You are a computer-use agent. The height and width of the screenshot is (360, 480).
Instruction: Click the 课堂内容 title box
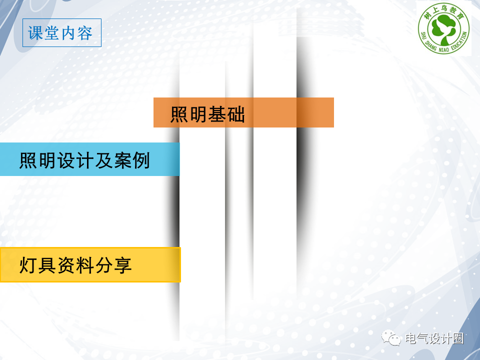(x=62, y=33)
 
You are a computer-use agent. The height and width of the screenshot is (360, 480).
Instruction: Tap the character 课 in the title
(x=35, y=33)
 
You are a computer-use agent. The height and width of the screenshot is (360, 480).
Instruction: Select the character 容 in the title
(x=85, y=33)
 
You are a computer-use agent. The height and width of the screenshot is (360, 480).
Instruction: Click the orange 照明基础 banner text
(x=207, y=114)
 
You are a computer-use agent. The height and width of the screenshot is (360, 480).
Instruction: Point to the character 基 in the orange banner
(x=217, y=114)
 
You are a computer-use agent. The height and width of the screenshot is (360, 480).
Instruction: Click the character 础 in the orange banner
(x=236, y=114)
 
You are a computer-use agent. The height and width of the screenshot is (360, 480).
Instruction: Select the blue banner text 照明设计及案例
(x=84, y=160)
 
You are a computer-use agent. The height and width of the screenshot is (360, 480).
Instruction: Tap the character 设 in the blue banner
(x=66, y=160)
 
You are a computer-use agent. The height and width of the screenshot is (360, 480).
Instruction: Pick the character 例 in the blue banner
(x=141, y=160)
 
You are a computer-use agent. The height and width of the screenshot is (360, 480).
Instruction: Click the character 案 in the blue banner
(x=122, y=160)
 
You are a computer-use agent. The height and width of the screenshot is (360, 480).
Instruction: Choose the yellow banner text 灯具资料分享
(x=75, y=265)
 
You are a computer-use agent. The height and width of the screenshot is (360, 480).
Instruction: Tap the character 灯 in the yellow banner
(x=28, y=265)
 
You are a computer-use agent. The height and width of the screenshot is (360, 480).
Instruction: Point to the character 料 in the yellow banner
(x=85, y=265)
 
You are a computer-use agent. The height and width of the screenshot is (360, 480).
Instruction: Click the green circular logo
(x=444, y=29)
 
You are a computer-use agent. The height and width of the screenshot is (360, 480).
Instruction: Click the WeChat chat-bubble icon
(x=391, y=337)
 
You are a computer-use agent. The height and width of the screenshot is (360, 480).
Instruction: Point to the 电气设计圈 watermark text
(x=434, y=338)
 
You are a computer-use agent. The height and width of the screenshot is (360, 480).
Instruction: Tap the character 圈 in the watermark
(x=457, y=338)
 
